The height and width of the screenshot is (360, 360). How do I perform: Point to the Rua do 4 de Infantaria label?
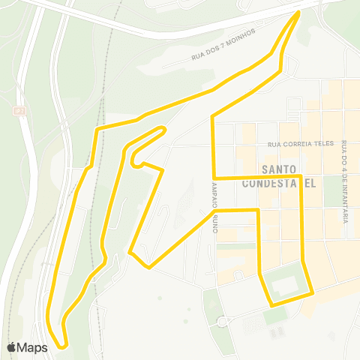tap(344, 181)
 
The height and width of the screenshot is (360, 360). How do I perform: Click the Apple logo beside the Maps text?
tap(12, 347)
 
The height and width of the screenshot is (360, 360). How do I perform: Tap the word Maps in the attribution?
tap(32, 347)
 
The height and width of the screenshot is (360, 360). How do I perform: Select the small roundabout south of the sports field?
tap(221, 322)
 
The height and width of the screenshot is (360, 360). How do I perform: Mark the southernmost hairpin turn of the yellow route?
tap(61, 346)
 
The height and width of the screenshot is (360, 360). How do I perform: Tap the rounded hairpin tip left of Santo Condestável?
tap(133, 160)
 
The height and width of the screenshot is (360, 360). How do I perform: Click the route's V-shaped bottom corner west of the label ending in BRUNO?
tap(149, 267)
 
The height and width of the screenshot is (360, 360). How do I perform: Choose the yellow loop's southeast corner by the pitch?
tap(312, 295)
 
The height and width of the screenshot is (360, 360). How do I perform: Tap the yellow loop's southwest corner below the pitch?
tap(271, 304)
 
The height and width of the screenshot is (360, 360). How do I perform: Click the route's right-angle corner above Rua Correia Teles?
tap(214, 117)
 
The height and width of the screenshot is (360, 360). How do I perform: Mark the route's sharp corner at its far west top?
tap(95, 130)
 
